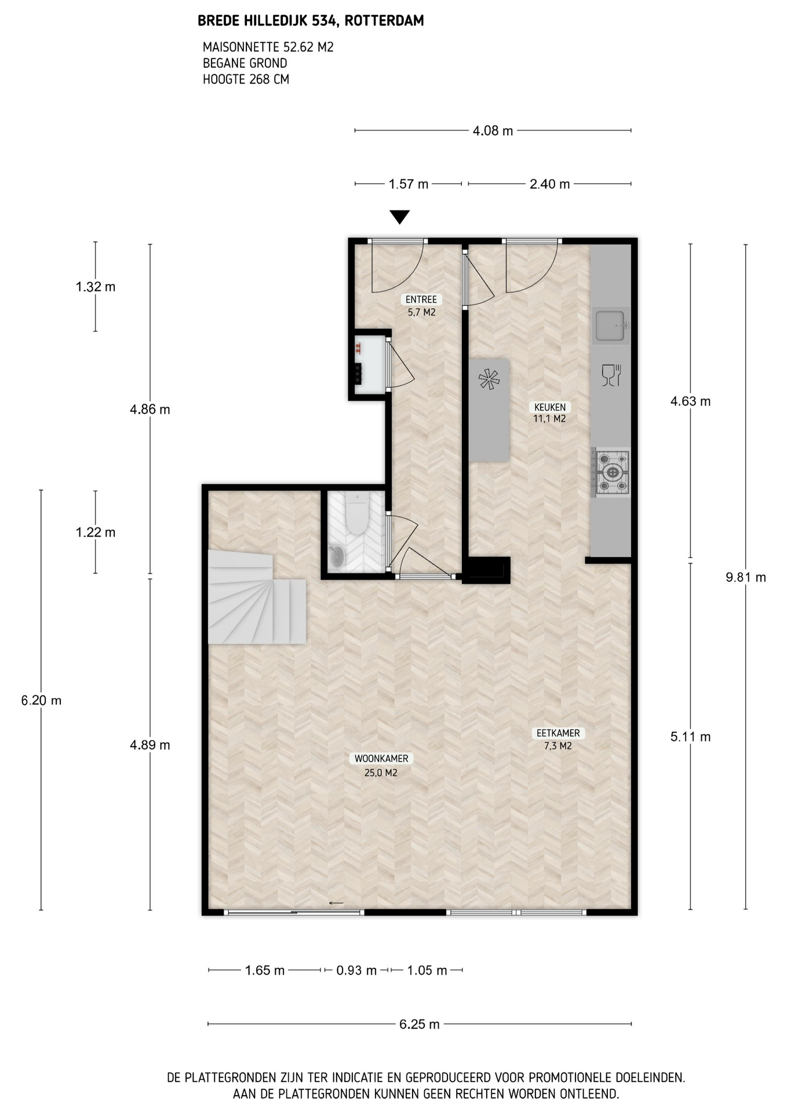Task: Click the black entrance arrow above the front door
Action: pyautogui.click(x=400, y=217)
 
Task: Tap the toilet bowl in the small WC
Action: pyautogui.click(x=356, y=514)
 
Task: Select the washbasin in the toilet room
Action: pyautogui.click(x=337, y=556)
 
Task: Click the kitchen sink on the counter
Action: pyautogui.click(x=611, y=325)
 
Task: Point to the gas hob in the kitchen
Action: pyautogui.click(x=611, y=472)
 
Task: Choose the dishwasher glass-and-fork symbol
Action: pyautogui.click(x=611, y=376)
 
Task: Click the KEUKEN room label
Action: pyautogui.click(x=549, y=407)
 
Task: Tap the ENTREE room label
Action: pyautogui.click(x=421, y=300)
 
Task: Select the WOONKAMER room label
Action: pyautogui.click(x=381, y=758)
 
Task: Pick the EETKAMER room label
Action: pyautogui.click(x=558, y=733)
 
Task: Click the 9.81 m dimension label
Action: pyautogui.click(x=746, y=577)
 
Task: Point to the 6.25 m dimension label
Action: pyautogui.click(x=420, y=1024)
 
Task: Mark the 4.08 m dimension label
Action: pyautogui.click(x=493, y=131)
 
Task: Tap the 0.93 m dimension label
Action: pyautogui.click(x=356, y=970)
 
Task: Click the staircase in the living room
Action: pyautogui.click(x=257, y=598)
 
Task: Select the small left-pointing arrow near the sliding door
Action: pyautogui.click(x=336, y=903)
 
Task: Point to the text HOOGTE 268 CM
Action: pyautogui.click(x=246, y=79)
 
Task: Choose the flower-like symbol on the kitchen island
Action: pyautogui.click(x=489, y=380)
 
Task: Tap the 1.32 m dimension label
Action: pyautogui.click(x=96, y=286)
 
